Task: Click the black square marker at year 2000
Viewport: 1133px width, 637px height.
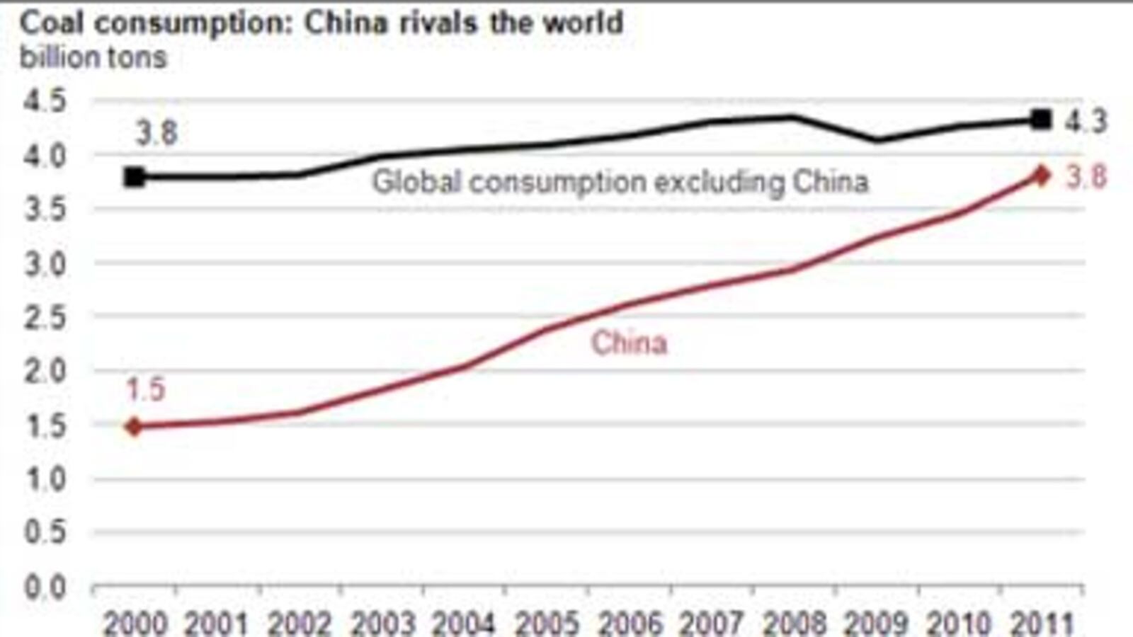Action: (135, 177)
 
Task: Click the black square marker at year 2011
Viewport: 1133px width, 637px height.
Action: (1040, 119)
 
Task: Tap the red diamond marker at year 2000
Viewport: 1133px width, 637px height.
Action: (135, 426)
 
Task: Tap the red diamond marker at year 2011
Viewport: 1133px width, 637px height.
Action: (1040, 175)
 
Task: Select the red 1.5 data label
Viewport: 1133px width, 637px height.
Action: (145, 389)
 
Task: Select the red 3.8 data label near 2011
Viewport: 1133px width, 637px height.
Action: (1086, 177)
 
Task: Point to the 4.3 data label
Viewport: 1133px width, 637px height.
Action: (1085, 122)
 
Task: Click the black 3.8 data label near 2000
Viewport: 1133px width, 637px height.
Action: (156, 133)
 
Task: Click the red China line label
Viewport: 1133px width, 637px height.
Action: (629, 343)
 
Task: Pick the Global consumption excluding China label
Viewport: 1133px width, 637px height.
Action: (620, 182)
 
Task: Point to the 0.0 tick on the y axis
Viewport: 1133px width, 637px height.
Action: (45, 587)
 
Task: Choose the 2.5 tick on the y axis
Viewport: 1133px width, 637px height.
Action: (45, 318)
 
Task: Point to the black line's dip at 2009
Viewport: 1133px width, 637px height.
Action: (877, 139)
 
